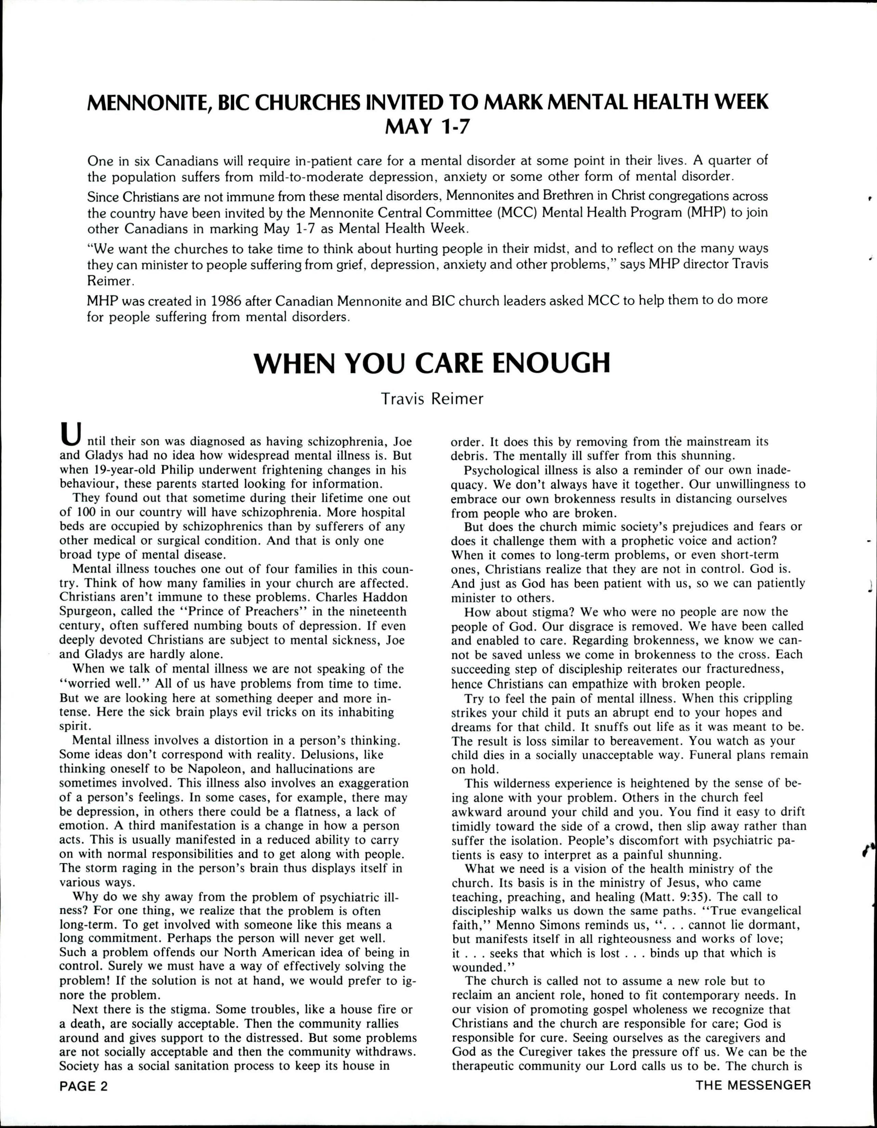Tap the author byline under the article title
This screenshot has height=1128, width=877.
point(432,399)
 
